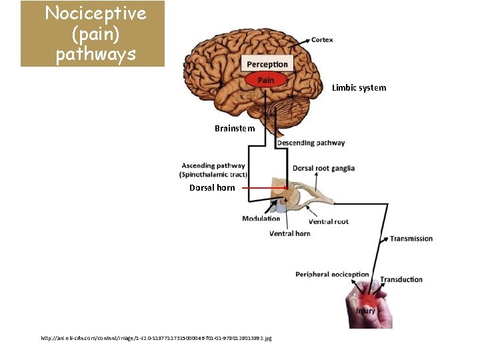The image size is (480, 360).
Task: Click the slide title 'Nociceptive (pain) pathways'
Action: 93,33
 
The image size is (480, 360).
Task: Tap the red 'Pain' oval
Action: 266,80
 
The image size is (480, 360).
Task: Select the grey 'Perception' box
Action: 267,65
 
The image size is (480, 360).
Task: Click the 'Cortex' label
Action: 322,40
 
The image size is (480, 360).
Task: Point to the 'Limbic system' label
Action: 359,87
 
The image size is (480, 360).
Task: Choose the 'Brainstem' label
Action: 235,128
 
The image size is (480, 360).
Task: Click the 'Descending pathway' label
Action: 311,143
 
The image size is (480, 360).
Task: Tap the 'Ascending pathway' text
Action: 213,165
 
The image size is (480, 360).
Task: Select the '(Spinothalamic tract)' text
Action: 213,174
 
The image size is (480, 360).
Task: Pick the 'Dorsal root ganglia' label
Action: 323,168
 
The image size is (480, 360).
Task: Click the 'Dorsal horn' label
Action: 212,188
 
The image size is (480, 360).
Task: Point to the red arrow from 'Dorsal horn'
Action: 264,188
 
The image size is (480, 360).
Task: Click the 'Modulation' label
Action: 261,219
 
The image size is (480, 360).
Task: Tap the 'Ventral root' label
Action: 328,222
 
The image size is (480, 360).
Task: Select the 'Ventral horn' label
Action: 289,234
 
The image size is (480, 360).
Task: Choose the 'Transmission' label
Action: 411,239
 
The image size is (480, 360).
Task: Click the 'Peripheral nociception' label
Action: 332,274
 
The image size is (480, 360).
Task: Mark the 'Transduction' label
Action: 401,279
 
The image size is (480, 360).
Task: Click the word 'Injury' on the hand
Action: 365,311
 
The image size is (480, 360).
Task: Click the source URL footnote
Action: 157,339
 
